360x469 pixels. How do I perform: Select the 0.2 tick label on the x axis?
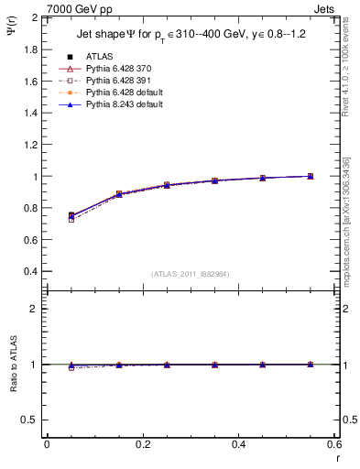142,445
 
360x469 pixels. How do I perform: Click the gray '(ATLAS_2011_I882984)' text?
191,274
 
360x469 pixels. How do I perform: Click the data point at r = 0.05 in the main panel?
71,216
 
